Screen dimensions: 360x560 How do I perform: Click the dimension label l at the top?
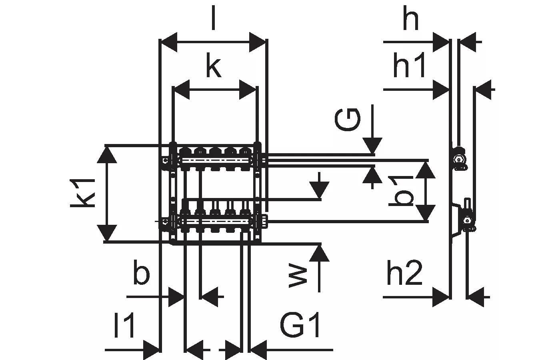[x=213, y=18]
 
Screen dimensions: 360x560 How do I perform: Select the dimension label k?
[x=214, y=67]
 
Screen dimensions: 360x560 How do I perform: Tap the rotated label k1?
[x=83, y=193]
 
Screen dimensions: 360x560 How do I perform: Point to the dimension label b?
[x=141, y=274]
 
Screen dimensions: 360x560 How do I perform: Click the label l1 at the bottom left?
[x=124, y=326]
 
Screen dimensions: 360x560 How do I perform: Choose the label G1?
[x=300, y=325]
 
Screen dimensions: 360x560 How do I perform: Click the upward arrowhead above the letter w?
[x=319, y=252]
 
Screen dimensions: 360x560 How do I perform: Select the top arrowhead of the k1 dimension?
[x=107, y=154]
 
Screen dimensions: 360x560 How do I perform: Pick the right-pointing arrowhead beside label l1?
[x=152, y=350]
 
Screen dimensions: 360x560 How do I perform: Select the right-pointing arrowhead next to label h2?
[x=441, y=297]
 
